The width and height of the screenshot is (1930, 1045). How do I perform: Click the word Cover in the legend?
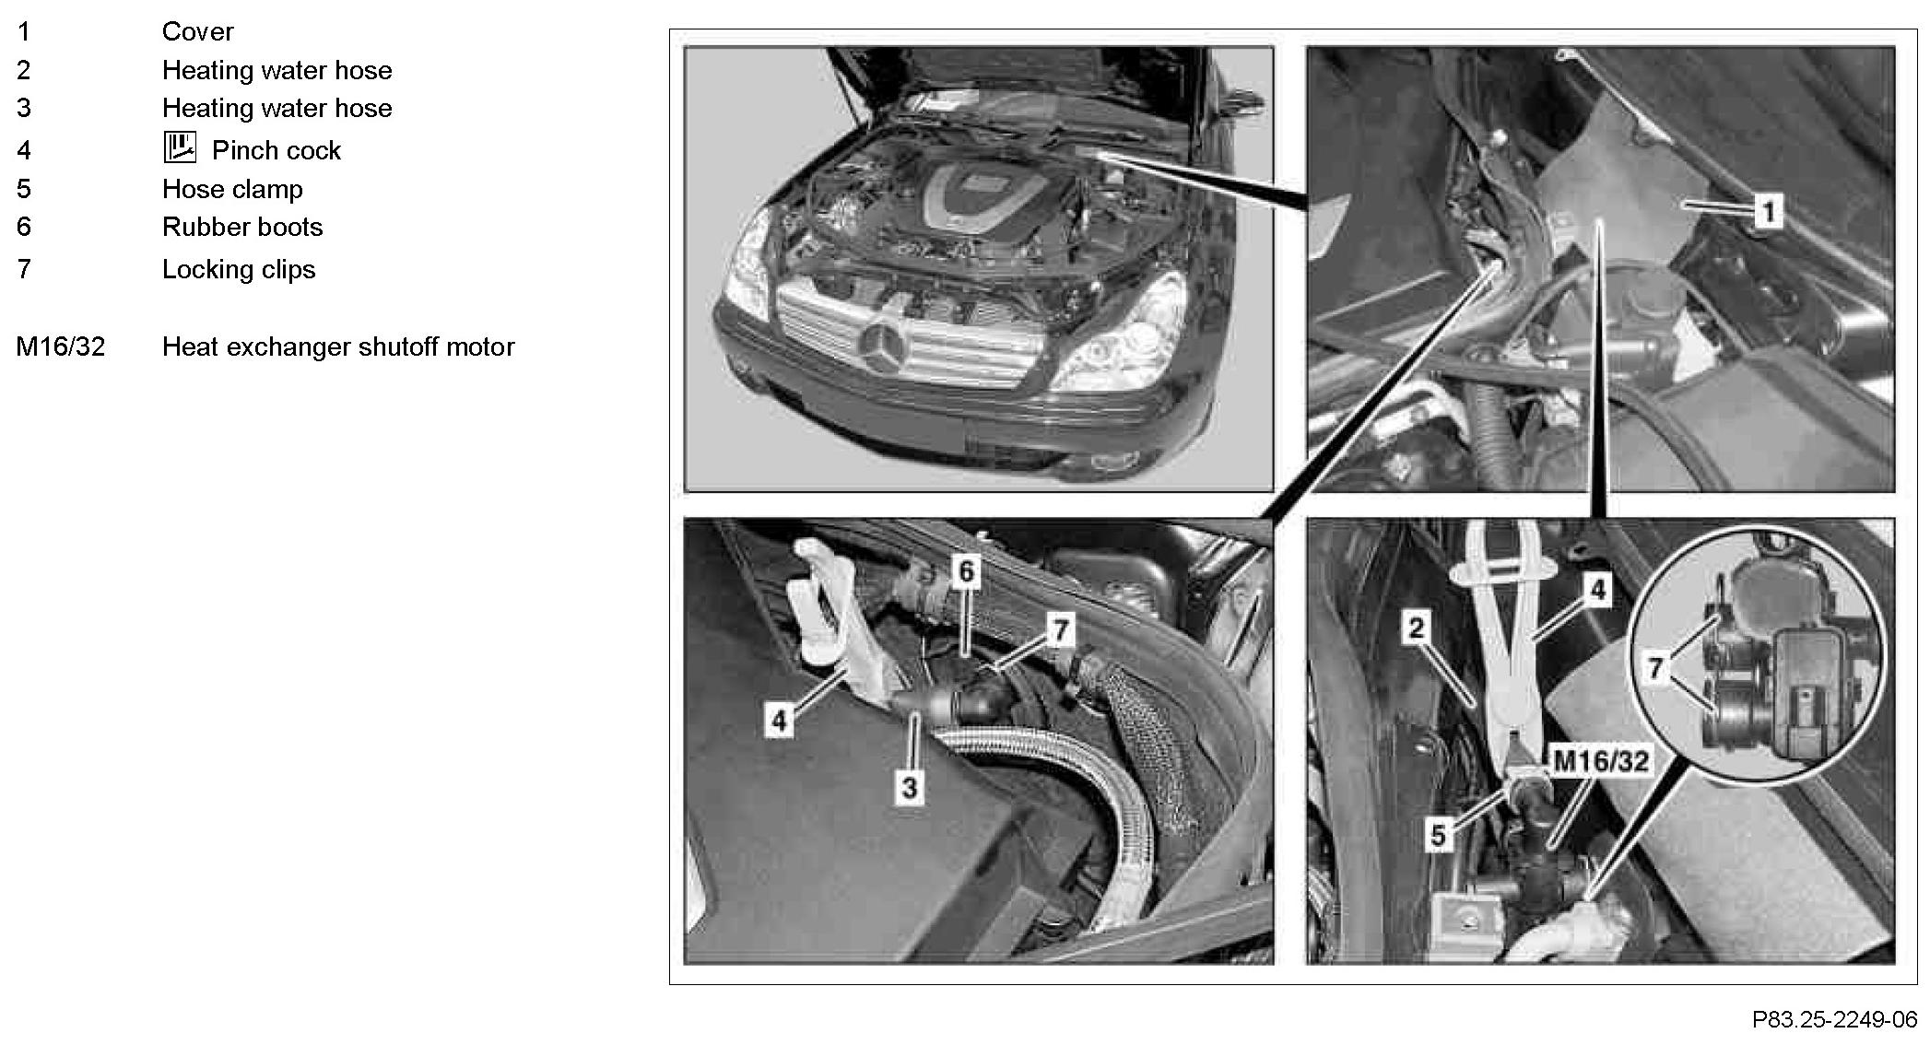point(197,31)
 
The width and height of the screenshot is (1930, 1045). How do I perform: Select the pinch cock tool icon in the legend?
point(180,147)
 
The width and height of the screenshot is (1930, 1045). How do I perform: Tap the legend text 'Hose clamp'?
point(232,189)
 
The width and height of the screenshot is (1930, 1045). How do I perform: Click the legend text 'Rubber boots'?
point(242,227)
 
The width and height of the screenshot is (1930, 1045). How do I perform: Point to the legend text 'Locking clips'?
point(239,269)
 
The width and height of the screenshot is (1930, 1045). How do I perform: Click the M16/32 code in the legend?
point(61,346)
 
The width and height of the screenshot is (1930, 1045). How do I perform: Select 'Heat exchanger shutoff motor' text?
point(338,346)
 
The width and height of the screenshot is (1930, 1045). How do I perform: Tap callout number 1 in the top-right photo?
point(1768,212)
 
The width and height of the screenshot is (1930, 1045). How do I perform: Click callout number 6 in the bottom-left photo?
point(966,571)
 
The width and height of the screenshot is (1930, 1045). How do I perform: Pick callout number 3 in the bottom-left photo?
point(910,787)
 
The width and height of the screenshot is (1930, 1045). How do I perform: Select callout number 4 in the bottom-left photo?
point(779,720)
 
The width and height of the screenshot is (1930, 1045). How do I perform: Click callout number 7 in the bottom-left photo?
point(1061,630)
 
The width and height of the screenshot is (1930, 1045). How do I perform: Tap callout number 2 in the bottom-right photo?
point(1416,628)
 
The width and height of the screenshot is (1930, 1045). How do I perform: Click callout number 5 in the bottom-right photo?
point(1438,835)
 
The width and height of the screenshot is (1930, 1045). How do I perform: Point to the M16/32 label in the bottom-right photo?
point(1601,761)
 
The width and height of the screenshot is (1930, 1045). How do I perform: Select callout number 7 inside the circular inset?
point(1655,667)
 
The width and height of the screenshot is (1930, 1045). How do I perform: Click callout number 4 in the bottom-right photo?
point(1598,590)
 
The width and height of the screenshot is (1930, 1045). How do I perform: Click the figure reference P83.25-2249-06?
point(1834,1020)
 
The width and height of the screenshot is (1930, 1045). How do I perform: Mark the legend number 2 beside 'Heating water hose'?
point(24,70)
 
